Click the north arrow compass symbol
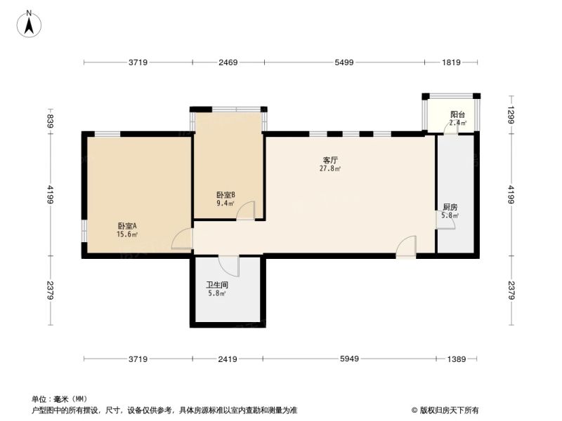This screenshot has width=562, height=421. coord(29,24)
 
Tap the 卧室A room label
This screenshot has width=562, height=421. coord(127,226)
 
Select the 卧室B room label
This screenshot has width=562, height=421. coord(226,195)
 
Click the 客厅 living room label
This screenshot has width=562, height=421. coord(330,160)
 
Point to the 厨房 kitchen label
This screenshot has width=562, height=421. coord(450,207)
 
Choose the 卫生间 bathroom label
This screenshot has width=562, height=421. coord(217,286)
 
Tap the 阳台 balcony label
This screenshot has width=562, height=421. coord(458,114)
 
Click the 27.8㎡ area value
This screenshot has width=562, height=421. coord(330,168)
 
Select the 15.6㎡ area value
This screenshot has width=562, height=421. coord(127,235)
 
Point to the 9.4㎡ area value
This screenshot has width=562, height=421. coord(226,203)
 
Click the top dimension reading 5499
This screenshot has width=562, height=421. coord(344,62)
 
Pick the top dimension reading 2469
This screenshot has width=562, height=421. coord(228,62)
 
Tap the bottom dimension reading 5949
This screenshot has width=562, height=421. coord(349,359)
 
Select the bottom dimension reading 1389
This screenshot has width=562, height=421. coord(457,359)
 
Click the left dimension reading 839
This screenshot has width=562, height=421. coord(50,121)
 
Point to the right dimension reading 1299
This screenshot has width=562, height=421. coord(511,114)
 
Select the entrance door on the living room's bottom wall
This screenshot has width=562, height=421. coord(406,247)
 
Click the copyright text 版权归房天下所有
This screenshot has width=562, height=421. coord(449,410)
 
